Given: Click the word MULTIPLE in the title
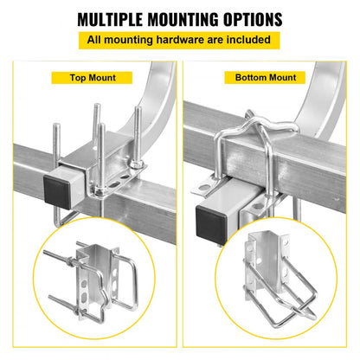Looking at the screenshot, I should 116,18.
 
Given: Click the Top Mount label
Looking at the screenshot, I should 93,78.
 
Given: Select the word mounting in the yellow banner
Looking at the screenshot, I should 138,39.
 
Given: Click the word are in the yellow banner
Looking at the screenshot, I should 216,39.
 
